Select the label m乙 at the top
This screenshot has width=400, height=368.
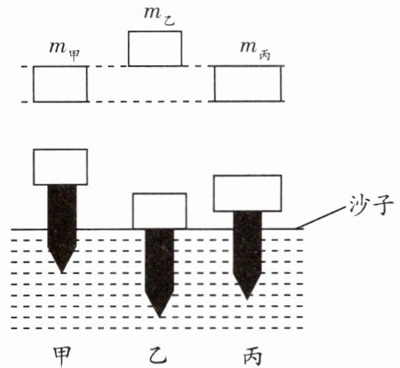159,17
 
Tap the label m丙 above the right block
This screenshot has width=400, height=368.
255,50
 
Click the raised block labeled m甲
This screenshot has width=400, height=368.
60,84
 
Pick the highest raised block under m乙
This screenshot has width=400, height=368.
155,49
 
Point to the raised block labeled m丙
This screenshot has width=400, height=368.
248,83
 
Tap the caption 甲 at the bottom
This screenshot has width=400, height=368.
62,356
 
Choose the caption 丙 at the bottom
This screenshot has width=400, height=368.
252,356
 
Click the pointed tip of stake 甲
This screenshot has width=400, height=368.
62,272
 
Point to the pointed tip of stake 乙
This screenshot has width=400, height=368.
159,317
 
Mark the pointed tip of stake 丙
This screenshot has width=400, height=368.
247,299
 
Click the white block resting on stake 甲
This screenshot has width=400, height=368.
60,167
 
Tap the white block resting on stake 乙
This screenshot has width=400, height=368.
160,211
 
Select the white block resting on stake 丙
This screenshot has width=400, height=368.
247,193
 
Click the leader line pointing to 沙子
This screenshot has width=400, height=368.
321,218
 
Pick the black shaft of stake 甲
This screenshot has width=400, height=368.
62,229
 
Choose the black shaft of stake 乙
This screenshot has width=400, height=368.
159,273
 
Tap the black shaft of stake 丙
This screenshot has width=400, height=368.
247,256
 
